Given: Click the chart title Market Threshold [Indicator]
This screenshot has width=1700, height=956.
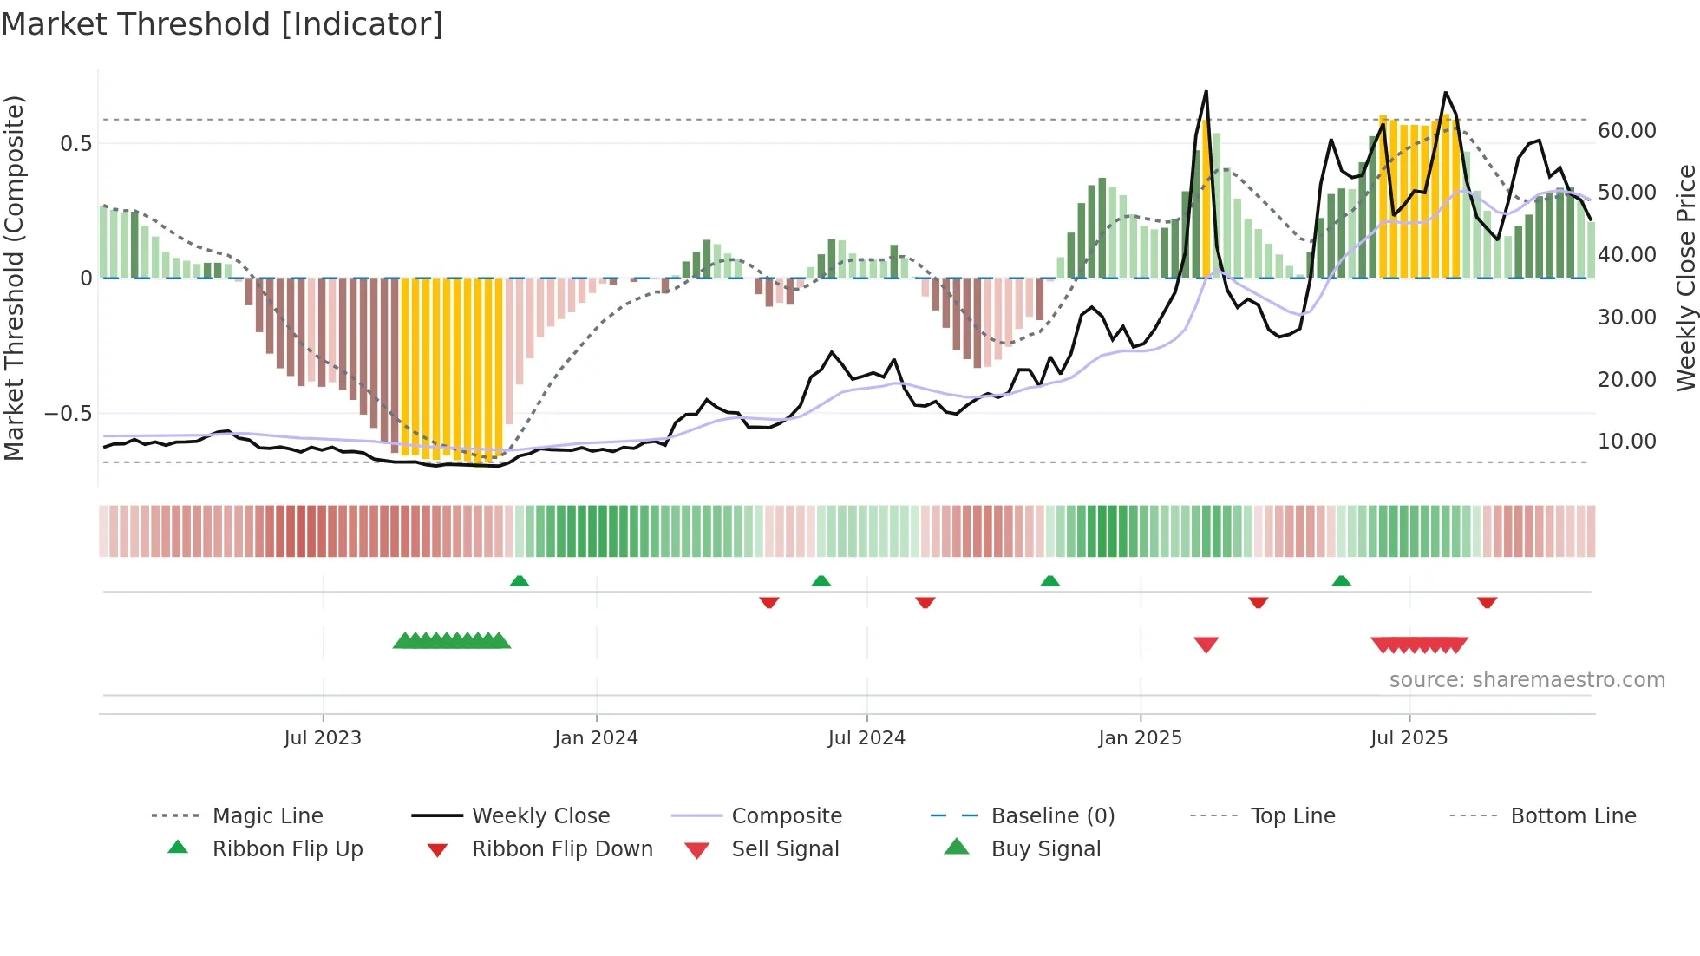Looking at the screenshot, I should click(222, 24).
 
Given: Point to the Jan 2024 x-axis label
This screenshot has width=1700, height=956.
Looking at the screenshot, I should click(596, 738).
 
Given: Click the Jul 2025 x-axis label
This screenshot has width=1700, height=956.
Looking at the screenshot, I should click(1409, 738).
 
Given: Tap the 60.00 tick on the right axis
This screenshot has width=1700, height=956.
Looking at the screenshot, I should click(1626, 131).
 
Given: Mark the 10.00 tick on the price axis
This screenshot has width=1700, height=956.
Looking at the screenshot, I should click(1626, 442).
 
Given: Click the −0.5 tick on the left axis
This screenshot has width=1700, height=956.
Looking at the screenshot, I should click(69, 414).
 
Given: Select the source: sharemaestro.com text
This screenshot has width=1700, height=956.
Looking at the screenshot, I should click(1527, 680).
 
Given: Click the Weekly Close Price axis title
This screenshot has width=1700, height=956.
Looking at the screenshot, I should click(1685, 278).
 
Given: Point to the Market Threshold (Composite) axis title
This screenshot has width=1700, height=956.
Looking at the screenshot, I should click(14, 278).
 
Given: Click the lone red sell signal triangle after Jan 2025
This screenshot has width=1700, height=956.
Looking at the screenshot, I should click(1206, 645).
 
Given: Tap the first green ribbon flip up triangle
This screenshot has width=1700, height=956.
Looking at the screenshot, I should click(519, 581).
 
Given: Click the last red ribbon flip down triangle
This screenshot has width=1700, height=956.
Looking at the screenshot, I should click(1487, 602).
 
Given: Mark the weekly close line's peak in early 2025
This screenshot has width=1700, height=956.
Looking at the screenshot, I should click(1206, 92).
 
